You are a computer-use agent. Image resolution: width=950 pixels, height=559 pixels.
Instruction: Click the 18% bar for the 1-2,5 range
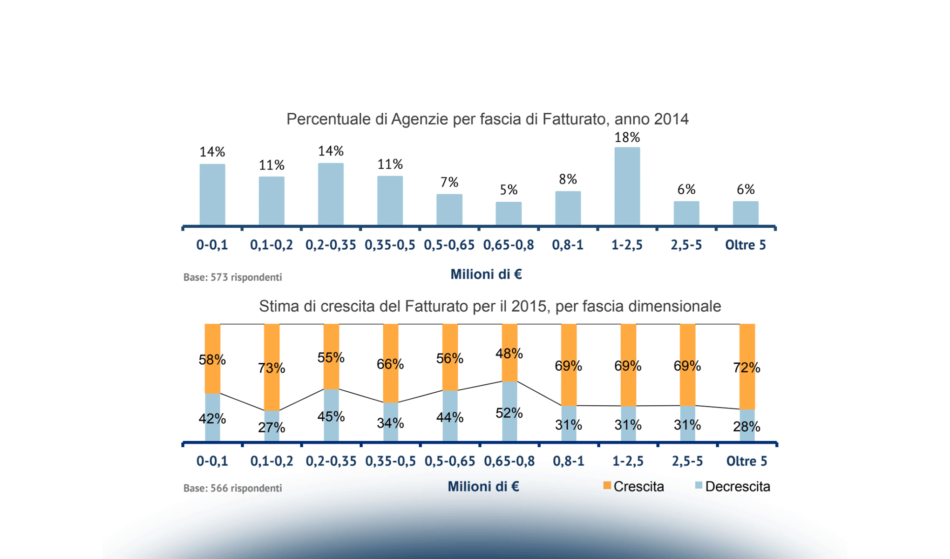(627, 186)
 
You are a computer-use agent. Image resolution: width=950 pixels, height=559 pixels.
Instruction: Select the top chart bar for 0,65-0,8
(509, 213)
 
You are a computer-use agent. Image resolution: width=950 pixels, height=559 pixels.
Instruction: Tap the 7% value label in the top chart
(449, 182)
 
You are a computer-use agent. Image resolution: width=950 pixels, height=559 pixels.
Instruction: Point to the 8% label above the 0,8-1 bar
(568, 179)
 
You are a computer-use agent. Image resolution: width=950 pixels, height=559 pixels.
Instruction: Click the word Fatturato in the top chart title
(574, 119)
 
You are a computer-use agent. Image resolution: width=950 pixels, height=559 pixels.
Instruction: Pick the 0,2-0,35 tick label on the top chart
(331, 245)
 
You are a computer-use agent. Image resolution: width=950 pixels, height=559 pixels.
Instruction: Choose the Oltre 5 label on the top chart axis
(745, 245)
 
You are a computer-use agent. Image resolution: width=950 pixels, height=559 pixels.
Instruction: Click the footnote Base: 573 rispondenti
(232, 277)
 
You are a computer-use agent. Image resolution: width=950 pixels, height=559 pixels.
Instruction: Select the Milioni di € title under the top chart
(486, 274)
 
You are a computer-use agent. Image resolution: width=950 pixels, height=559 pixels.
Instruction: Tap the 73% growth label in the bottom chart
(271, 368)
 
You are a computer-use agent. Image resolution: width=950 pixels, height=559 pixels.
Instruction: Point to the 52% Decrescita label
(509, 413)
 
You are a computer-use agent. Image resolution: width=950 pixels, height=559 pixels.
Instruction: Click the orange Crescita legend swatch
(607, 485)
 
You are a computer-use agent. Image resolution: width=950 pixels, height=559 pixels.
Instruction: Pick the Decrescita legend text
(738, 486)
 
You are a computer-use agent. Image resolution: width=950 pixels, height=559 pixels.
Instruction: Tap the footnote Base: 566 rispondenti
(232, 488)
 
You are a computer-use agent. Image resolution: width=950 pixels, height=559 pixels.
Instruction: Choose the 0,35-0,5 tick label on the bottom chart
(390, 461)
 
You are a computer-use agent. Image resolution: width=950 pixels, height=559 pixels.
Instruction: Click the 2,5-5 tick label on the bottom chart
(687, 461)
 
